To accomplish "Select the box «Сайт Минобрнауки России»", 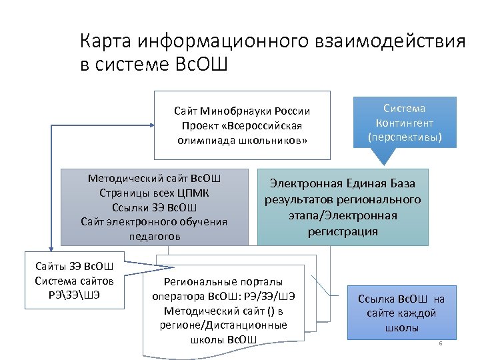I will point(242,125).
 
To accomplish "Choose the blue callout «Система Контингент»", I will point(405,122).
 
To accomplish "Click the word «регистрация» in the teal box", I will point(343,231).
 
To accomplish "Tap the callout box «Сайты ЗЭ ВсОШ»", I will point(74,280).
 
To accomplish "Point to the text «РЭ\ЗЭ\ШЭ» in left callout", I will point(74,294).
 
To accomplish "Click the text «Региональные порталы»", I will point(223,281).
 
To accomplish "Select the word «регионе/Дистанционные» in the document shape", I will point(223,325).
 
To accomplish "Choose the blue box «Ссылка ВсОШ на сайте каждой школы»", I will point(401,313).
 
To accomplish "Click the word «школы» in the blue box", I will point(401,327).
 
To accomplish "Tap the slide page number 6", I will point(440,343).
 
